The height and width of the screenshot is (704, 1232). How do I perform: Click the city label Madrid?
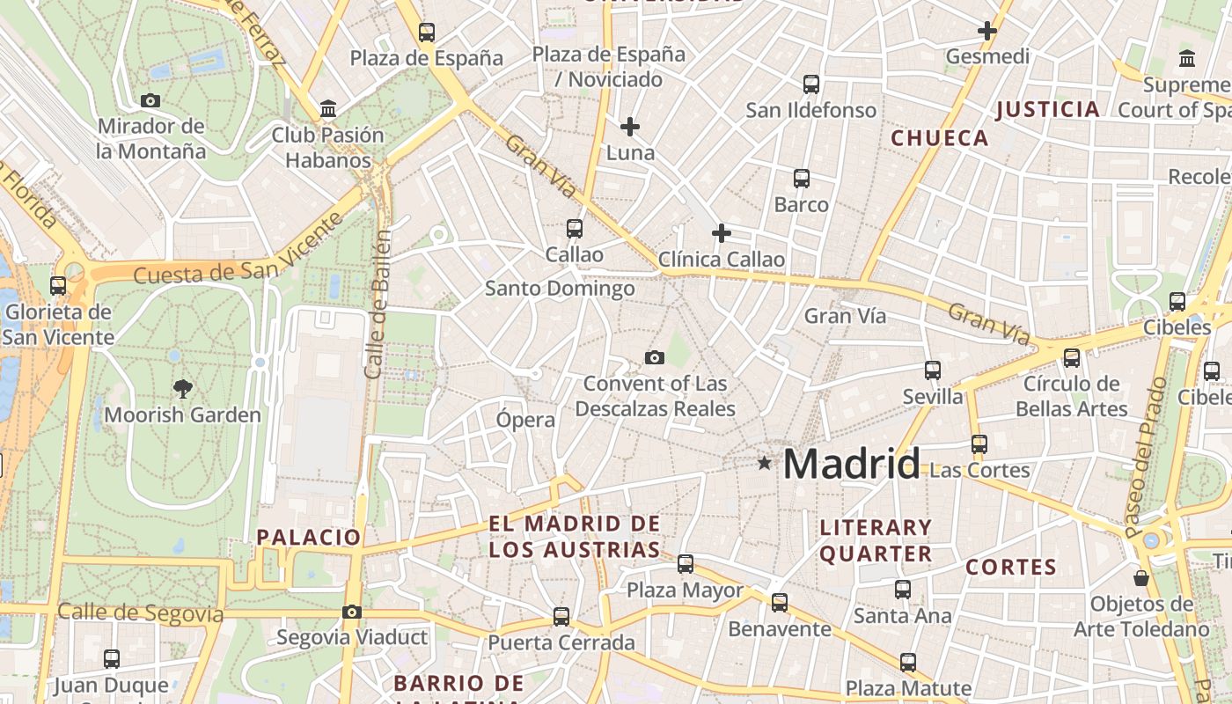click(851, 464)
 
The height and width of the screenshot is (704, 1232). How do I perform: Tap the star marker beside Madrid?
click(764, 463)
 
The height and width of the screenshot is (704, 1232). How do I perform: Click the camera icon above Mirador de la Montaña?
click(150, 101)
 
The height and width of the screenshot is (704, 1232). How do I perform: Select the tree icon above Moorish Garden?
click(183, 388)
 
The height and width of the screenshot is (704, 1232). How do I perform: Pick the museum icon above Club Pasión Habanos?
click(328, 109)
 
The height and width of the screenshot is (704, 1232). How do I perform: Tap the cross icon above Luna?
click(630, 127)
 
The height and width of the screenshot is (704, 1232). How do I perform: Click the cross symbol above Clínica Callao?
click(722, 233)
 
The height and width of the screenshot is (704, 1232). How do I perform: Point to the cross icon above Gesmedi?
click(987, 31)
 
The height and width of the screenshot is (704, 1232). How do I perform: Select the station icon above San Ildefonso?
click(811, 84)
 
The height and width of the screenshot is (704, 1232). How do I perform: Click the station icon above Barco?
click(802, 179)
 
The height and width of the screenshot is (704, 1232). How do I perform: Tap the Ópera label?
click(525, 420)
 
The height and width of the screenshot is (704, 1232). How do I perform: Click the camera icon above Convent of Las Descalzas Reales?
click(654, 357)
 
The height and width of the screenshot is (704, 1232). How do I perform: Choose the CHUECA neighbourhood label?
click(940, 138)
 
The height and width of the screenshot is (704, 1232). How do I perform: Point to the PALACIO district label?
click(309, 537)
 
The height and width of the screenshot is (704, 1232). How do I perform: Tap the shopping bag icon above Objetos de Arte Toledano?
click(1141, 578)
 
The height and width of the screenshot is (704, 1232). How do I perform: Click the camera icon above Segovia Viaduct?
click(352, 612)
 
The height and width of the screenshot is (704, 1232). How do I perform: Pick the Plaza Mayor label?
click(685, 590)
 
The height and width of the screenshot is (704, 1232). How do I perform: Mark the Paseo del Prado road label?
click(1146, 458)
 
